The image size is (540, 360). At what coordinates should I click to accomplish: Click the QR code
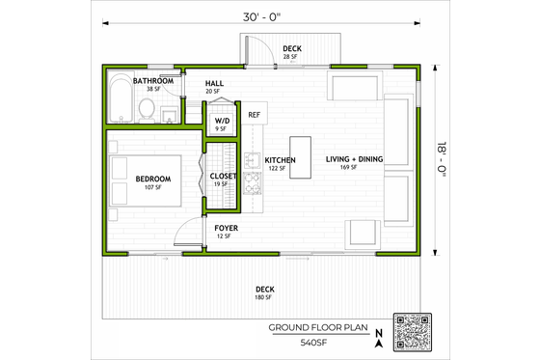[415, 333]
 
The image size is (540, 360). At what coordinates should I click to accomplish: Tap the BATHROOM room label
[153, 81]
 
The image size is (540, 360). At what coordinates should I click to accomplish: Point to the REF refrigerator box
[255, 115]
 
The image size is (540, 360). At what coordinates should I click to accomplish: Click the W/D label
[222, 121]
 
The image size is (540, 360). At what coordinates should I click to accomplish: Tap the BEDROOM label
[153, 179]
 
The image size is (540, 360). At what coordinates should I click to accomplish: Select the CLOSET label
[224, 176]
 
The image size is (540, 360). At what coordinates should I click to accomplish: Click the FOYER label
[227, 229]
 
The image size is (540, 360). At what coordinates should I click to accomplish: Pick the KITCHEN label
[280, 160]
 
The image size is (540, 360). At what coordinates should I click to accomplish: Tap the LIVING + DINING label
[354, 160]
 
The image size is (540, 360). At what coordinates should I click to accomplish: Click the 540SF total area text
[312, 343]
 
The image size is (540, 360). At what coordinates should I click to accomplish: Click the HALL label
[215, 83]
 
